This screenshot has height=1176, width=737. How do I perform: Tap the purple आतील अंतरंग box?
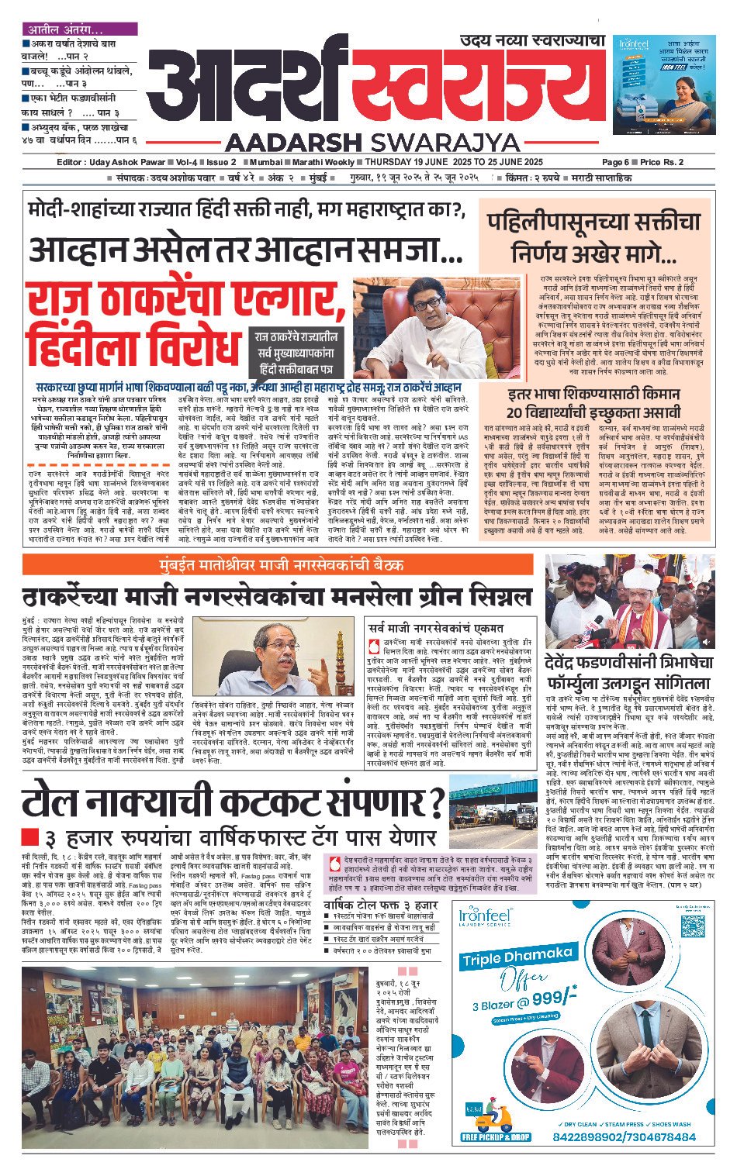click(x=79, y=29)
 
